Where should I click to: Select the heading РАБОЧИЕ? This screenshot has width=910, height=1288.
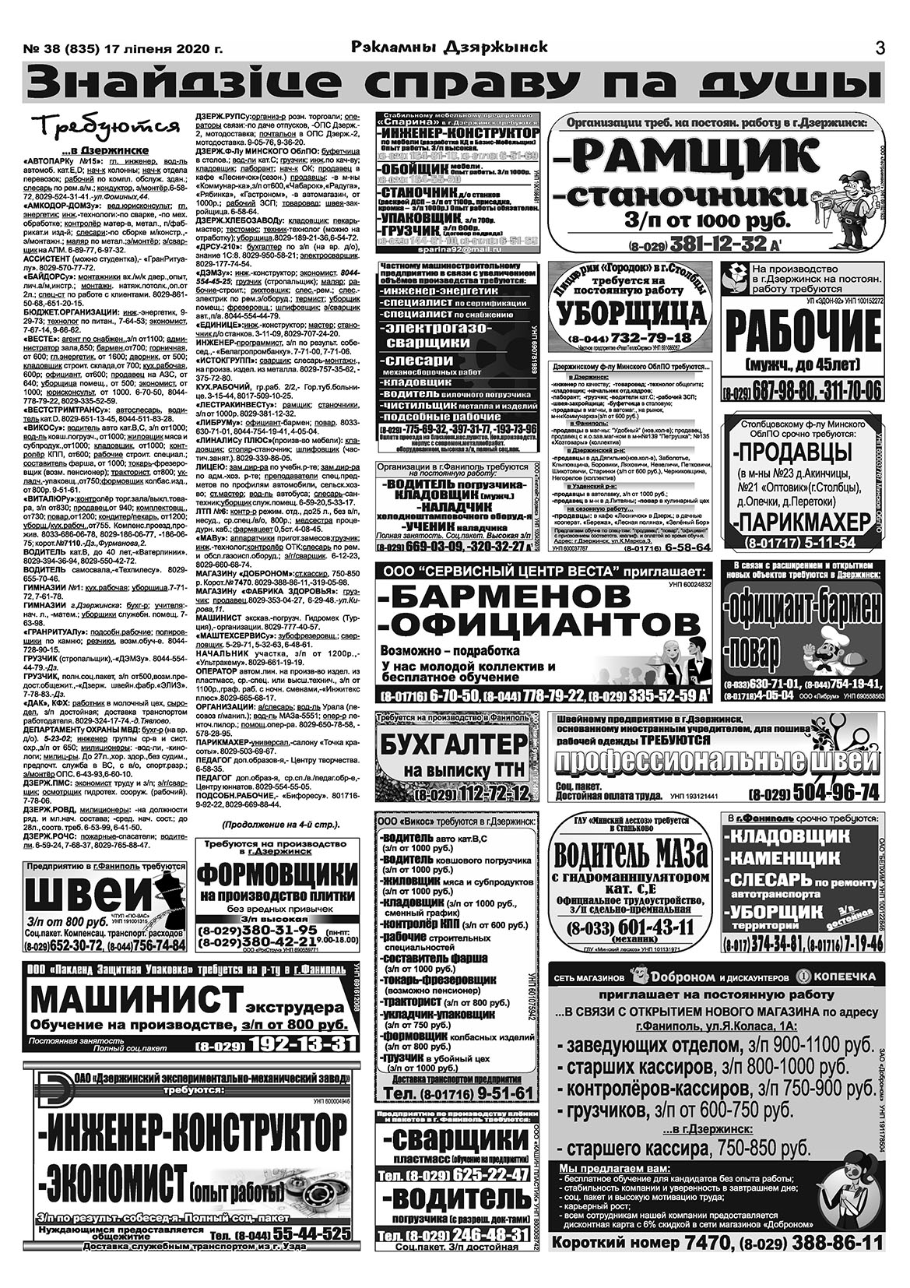pos(802,333)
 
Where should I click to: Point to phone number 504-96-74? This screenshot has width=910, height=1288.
pos(826,794)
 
